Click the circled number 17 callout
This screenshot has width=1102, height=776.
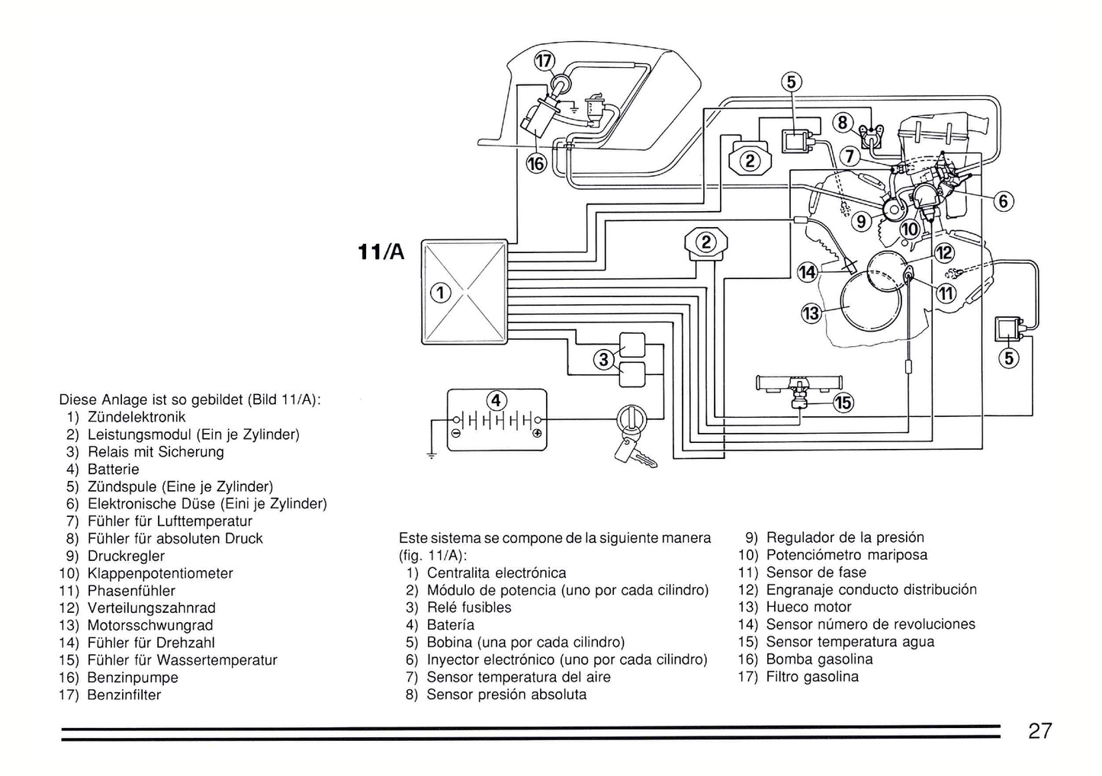point(544,62)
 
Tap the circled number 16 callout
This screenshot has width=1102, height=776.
point(537,163)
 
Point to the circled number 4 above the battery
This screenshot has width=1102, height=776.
point(496,400)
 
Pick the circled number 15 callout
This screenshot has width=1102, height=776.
point(843,402)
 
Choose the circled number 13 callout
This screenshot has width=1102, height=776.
point(811,313)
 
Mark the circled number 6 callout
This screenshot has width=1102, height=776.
point(1004,201)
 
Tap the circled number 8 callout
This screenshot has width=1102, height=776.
point(843,123)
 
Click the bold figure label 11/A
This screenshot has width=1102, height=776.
point(381,251)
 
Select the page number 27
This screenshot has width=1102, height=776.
point(1039,731)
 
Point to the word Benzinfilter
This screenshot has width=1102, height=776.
point(124,695)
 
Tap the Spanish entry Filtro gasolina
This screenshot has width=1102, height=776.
point(812,677)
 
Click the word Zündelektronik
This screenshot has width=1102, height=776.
point(137,417)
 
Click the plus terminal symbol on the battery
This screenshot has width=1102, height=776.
point(537,433)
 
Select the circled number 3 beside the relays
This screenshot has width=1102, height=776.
point(604,359)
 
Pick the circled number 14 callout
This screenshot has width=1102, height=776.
point(808,272)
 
